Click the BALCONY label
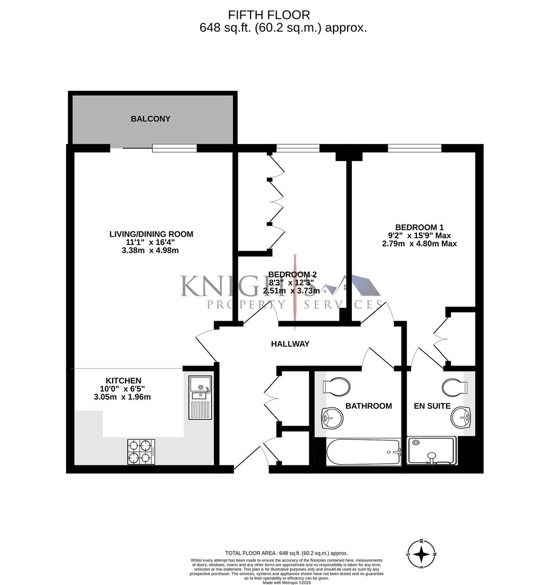[151, 119]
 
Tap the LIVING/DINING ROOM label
[151, 234]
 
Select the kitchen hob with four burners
[141, 451]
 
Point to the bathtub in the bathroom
[363, 452]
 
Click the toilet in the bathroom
[336, 387]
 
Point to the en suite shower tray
[430, 451]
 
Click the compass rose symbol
[422, 554]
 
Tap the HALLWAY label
[290, 343]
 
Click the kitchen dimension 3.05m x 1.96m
[122, 397]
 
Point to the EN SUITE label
[432, 406]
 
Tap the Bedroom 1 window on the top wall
[415, 147]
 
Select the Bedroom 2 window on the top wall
[298, 147]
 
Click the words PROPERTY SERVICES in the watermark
[292, 305]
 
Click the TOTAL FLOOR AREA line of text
[286, 552]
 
